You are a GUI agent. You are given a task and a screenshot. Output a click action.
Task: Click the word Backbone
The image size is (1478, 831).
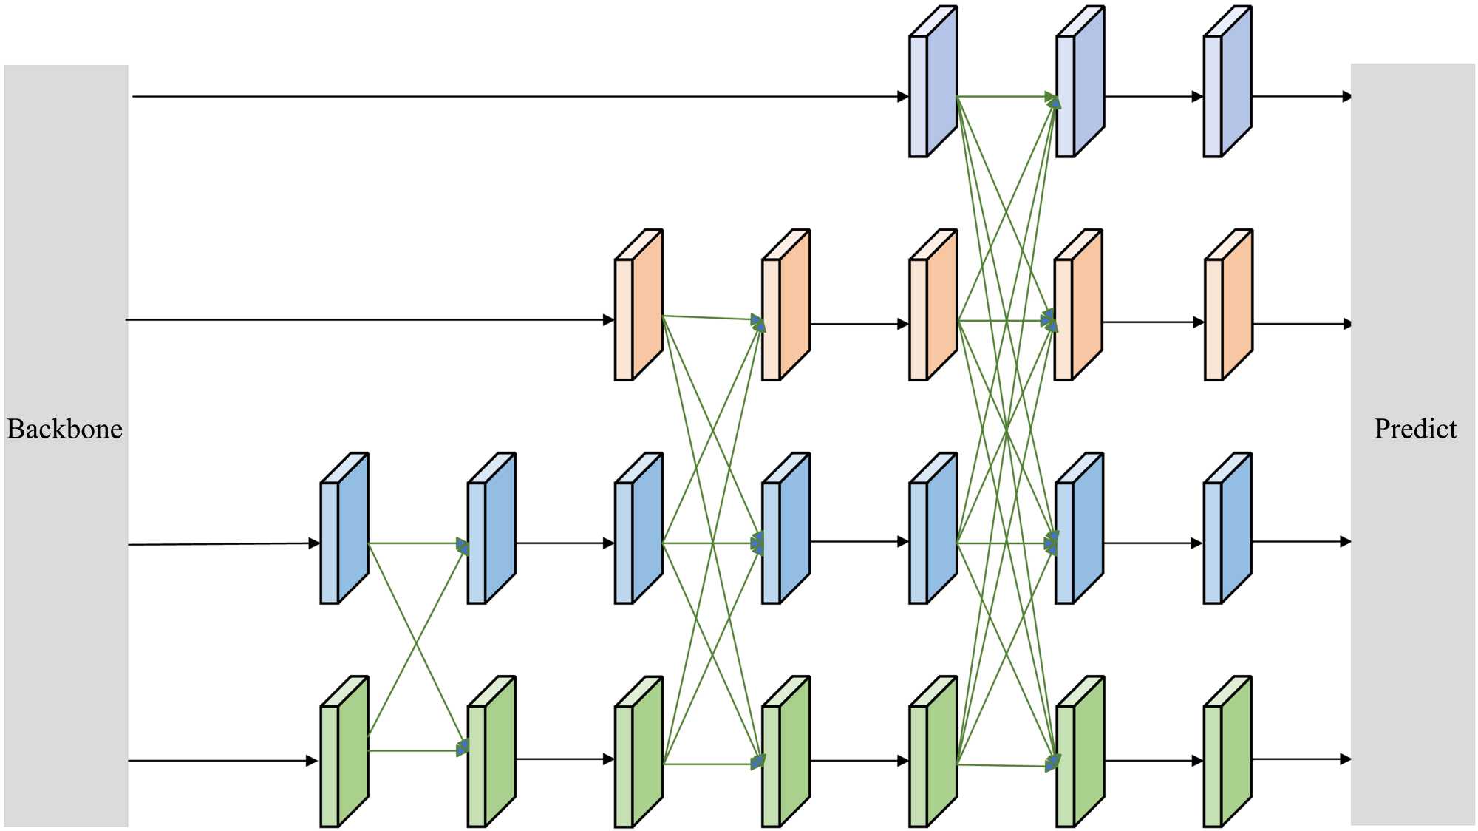tap(65, 429)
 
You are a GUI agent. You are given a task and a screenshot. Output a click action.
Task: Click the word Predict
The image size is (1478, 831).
tap(1415, 429)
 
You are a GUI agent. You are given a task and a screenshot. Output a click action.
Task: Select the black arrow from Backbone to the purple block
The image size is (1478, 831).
tap(517, 96)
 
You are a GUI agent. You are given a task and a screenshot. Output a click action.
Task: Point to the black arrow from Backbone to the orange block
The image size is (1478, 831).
tap(369, 320)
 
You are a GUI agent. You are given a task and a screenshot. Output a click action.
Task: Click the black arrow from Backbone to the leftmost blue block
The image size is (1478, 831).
tap(222, 544)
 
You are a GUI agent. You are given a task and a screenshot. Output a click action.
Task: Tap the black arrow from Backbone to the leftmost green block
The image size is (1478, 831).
tap(222, 760)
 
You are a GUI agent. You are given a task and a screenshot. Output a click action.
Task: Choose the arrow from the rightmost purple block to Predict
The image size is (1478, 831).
tap(1301, 96)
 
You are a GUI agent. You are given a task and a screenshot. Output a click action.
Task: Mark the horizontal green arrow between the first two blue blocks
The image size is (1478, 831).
tap(418, 543)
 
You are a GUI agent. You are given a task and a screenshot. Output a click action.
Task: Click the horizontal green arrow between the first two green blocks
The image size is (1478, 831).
tap(418, 750)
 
